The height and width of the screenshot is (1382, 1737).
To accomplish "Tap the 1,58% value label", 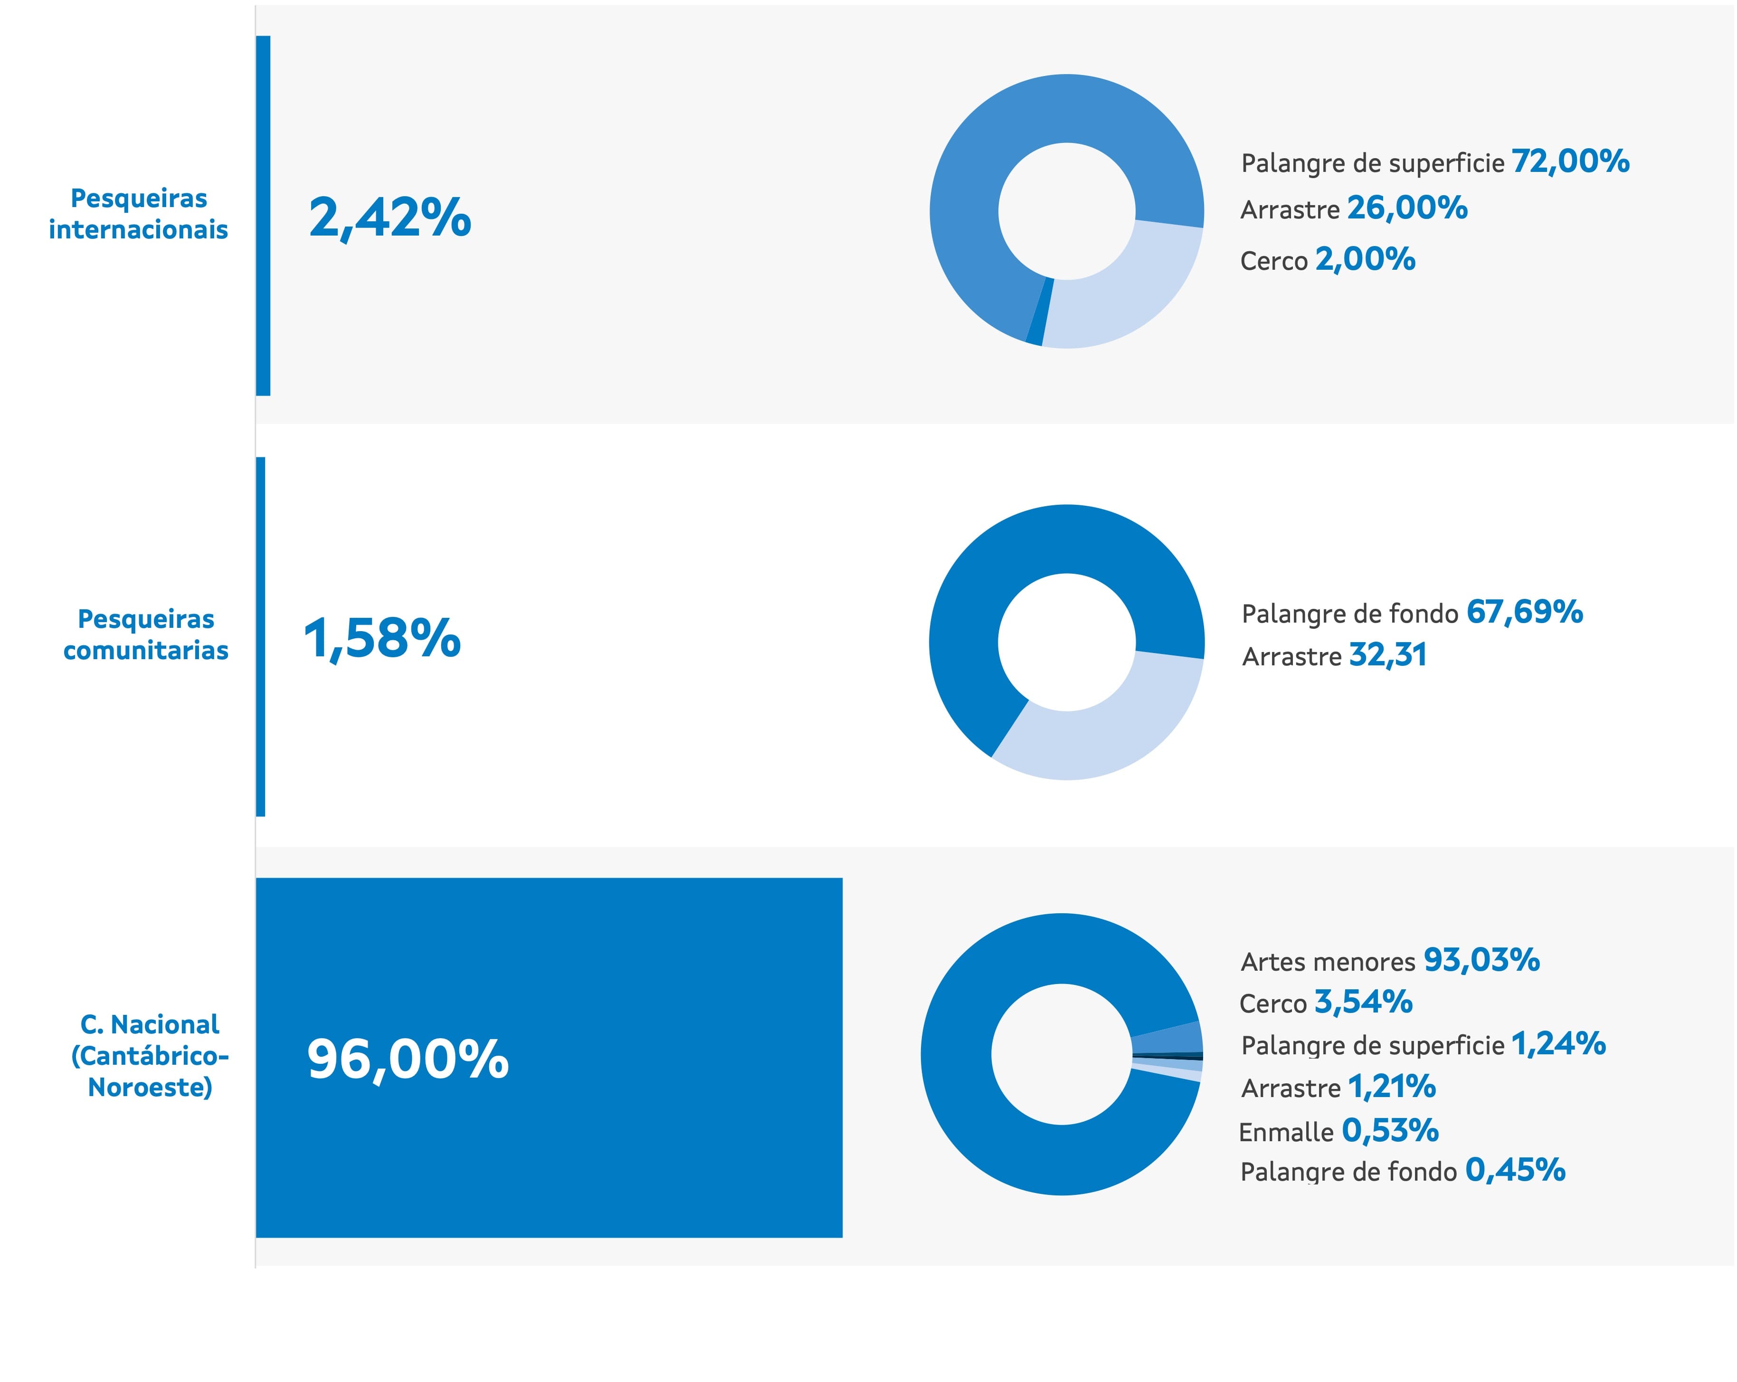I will [382, 639].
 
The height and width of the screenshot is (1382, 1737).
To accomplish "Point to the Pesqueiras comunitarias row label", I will [146, 634].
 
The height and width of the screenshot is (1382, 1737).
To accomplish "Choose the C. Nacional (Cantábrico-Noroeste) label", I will [150, 1055].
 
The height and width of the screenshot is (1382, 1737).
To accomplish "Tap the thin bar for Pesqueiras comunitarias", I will [260, 636].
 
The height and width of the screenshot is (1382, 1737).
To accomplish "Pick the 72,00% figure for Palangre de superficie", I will [1570, 162].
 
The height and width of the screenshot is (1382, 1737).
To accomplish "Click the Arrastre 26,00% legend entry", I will [1354, 208].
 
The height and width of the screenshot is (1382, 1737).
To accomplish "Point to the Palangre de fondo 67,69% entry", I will [1412, 613].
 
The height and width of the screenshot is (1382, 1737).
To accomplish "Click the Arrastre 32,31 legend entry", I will [1334, 655].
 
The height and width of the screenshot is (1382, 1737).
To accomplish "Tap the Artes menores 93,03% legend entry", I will [1390, 961].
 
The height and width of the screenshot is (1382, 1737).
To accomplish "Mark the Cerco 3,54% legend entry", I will [1325, 1003].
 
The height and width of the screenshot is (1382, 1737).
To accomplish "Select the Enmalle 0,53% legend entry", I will [1338, 1132].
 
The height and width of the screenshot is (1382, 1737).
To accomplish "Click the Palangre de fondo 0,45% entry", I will [1402, 1171].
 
